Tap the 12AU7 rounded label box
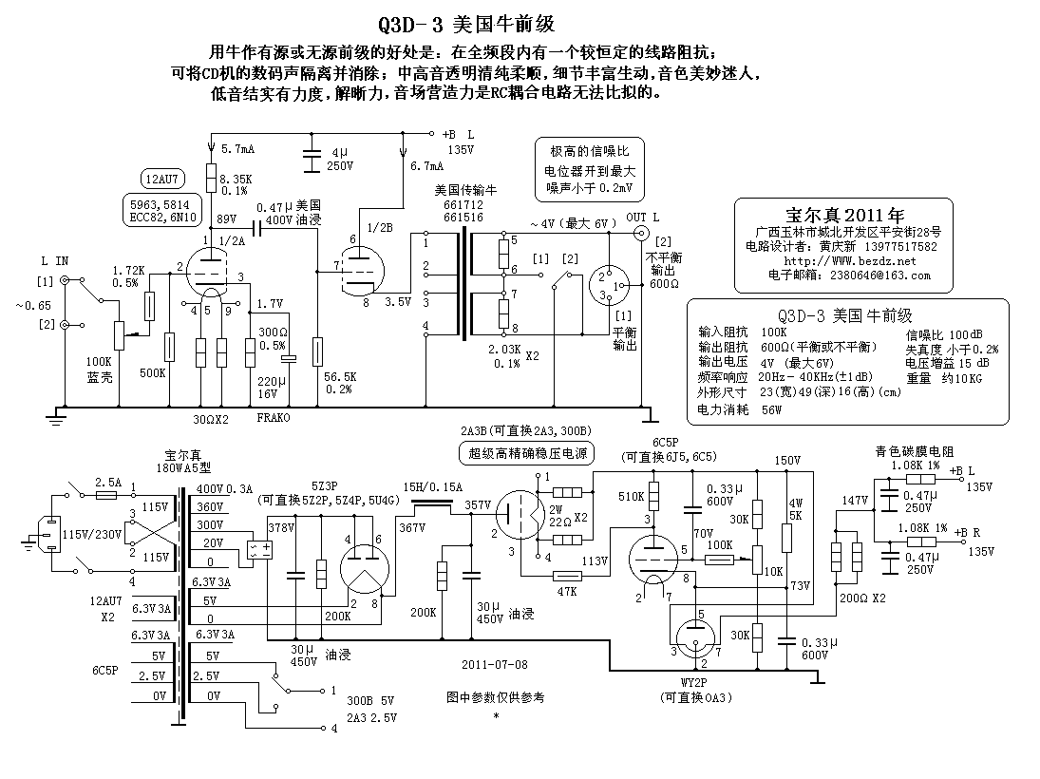click(x=162, y=179)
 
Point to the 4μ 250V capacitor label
click(x=340, y=160)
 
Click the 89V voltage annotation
click(x=226, y=218)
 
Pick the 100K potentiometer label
click(x=99, y=362)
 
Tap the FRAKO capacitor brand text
click(x=274, y=417)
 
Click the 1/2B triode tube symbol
click(x=361, y=270)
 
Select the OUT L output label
click(x=642, y=217)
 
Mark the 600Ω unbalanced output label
click(x=664, y=283)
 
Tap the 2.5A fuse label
click(x=108, y=483)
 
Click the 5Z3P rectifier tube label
click(x=324, y=485)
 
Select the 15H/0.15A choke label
click(x=433, y=487)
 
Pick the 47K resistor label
click(x=567, y=591)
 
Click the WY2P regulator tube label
click(x=693, y=682)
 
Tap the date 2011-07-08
click(x=495, y=664)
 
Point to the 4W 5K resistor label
click(x=796, y=509)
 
